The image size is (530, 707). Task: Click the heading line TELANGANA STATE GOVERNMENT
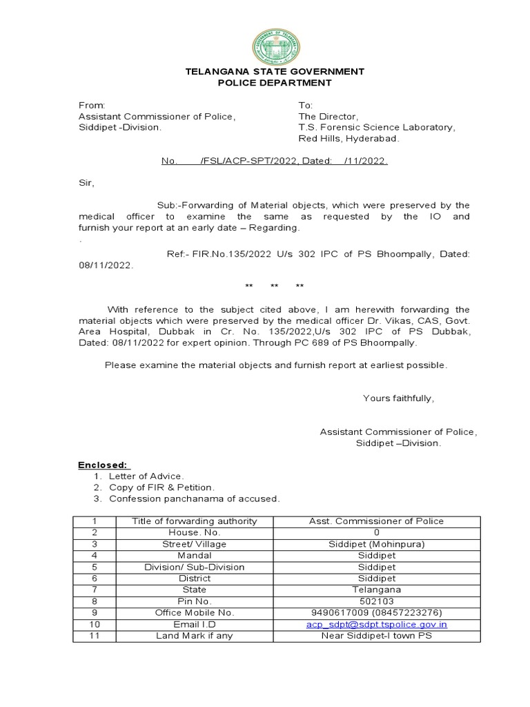pyautogui.click(x=275, y=71)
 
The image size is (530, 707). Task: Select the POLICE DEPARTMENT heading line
pyautogui.click(x=275, y=83)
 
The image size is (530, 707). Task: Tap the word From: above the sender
pyautogui.click(x=91, y=105)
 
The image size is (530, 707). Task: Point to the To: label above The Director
pyautogui.click(x=306, y=105)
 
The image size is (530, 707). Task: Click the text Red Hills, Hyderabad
pyautogui.click(x=349, y=138)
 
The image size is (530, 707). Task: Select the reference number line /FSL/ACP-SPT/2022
pyautogui.click(x=275, y=161)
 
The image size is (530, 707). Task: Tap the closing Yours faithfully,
pyautogui.click(x=398, y=398)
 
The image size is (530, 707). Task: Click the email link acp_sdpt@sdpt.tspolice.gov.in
pyautogui.click(x=376, y=624)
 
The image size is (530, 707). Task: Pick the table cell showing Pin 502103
pyautogui.click(x=376, y=601)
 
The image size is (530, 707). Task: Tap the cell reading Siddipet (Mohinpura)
pyautogui.click(x=376, y=544)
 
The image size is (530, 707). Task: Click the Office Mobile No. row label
pyautogui.click(x=195, y=612)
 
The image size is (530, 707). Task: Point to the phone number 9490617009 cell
pyautogui.click(x=376, y=612)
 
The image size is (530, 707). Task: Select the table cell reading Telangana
pyautogui.click(x=376, y=590)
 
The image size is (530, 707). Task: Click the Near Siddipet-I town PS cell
pyautogui.click(x=376, y=635)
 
